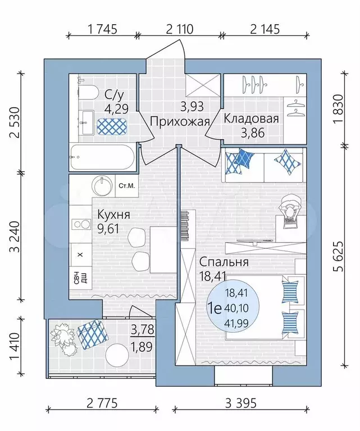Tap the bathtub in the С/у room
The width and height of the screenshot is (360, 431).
click(x=103, y=157)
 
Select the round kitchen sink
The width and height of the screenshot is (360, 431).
click(x=102, y=185)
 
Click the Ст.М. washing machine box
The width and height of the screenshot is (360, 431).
click(x=127, y=185)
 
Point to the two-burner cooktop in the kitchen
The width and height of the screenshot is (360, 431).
click(x=81, y=224)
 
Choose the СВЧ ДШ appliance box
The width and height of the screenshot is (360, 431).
click(x=80, y=278)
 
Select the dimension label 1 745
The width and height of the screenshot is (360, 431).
click(x=102, y=29)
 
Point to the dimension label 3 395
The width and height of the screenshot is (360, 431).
click(x=241, y=403)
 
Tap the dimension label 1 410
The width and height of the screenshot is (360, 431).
click(x=15, y=346)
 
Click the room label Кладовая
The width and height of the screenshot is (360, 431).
click(x=251, y=119)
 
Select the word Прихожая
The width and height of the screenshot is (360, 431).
click(x=180, y=121)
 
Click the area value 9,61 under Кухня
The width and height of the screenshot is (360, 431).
click(x=108, y=229)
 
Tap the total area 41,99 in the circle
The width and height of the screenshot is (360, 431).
click(x=236, y=323)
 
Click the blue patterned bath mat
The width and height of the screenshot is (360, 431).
click(x=112, y=126)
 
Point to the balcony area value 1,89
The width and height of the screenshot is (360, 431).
click(x=142, y=347)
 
